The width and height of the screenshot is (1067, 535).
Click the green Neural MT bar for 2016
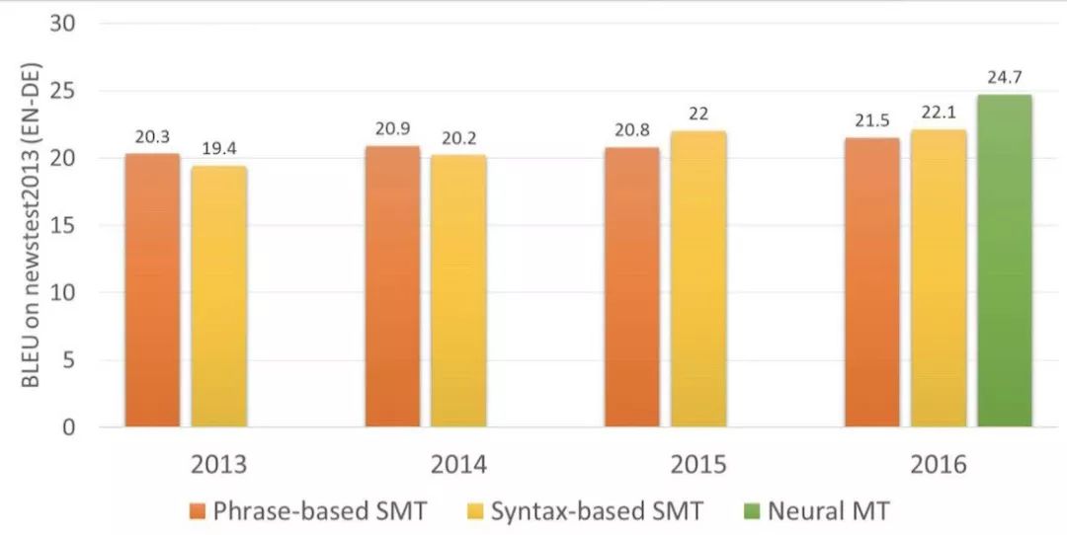[x=1005, y=262]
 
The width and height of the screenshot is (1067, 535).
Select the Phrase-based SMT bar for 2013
[x=152, y=291]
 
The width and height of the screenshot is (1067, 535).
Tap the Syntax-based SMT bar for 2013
[x=218, y=297]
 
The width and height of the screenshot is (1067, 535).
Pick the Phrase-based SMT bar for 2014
[x=392, y=287]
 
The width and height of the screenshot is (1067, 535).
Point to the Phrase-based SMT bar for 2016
[x=871, y=283]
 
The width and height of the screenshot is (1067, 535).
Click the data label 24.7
[x=1005, y=76]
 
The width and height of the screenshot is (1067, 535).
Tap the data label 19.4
[x=218, y=148]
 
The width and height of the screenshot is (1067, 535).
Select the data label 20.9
[x=392, y=129]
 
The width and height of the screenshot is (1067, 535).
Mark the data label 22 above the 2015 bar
[x=698, y=114]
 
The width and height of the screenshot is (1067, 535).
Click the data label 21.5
[x=871, y=120]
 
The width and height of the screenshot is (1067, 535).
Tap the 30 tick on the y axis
[x=62, y=24]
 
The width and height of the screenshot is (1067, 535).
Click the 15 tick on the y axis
[x=62, y=226]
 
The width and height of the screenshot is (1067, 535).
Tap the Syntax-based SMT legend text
[x=598, y=511]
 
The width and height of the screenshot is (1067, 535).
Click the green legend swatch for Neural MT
[x=750, y=511]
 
